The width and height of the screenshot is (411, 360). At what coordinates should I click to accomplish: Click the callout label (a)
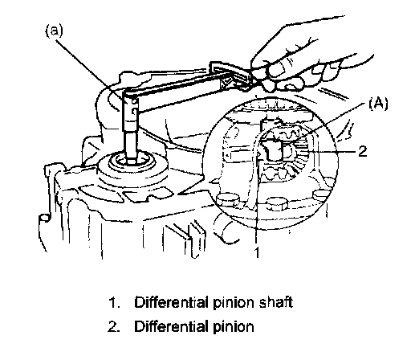point(55,31)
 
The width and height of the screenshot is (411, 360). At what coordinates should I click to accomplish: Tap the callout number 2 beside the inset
point(363,152)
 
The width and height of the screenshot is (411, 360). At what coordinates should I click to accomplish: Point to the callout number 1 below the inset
point(257,252)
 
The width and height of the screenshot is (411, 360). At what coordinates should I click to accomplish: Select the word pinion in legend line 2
point(234,327)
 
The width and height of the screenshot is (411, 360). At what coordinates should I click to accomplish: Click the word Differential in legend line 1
point(171,302)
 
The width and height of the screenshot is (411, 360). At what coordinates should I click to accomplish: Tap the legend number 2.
point(113,327)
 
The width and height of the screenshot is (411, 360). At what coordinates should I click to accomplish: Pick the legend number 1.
point(113,302)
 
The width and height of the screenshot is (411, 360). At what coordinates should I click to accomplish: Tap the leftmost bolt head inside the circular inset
point(227,199)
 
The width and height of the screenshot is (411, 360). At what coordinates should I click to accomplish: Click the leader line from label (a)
point(91,71)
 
